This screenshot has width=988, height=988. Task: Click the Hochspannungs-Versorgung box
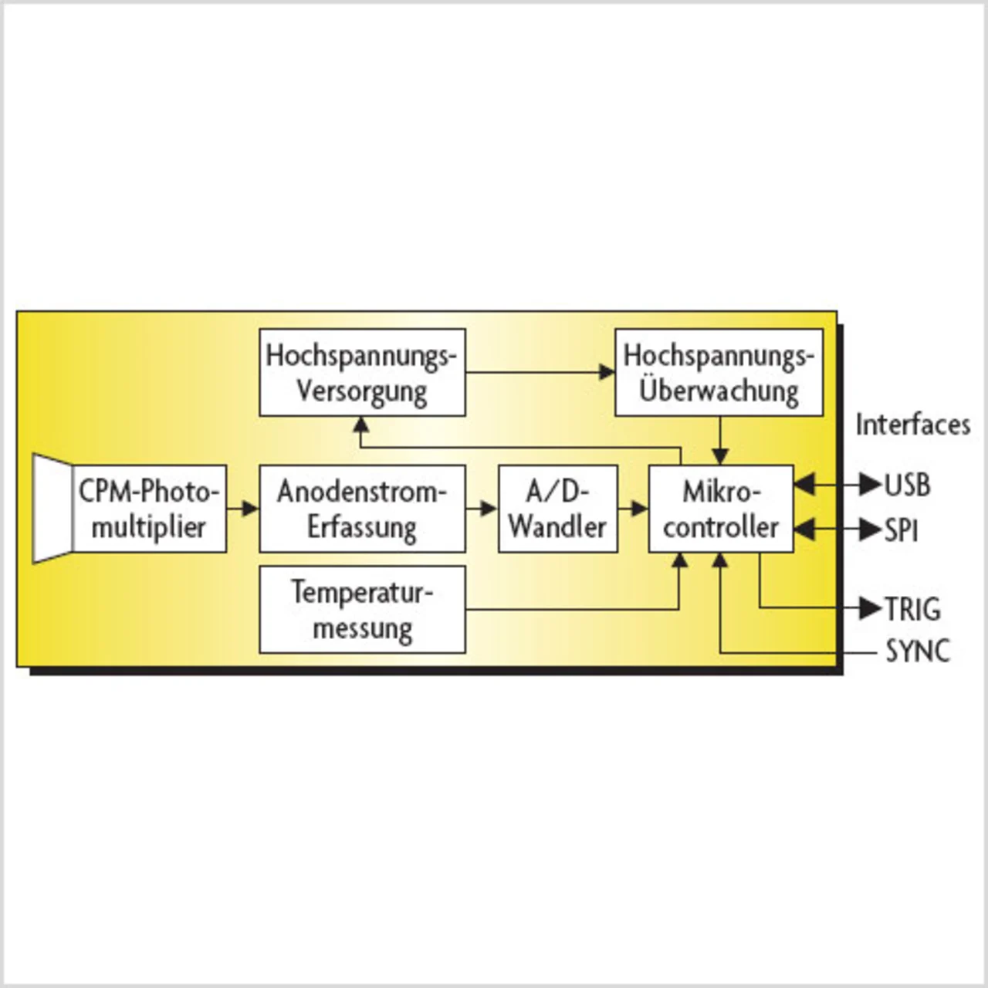(x=362, y=373)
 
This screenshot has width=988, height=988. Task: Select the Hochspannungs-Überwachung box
(x=719, y=373)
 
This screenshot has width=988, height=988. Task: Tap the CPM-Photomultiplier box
(x=149, y=509)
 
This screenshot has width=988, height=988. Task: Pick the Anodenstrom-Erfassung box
(x=362, y=509)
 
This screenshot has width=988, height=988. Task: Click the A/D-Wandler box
(x=557, y=509)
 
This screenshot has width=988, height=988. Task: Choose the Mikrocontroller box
(x=720, y=509)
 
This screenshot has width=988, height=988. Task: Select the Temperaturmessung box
(x=362, y=610)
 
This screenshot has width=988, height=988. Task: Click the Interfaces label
(x=912, y=425)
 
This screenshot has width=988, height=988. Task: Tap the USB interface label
(x=907, y=486)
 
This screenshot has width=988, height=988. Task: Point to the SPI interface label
(x=901, y=530)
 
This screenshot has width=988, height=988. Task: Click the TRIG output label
(x=912, y=609)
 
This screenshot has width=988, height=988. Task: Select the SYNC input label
(x=917, y=651)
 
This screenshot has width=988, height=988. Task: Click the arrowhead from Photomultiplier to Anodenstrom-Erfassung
(x=250, y=509)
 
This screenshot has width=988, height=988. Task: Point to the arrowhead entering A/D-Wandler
(x=489, y=509)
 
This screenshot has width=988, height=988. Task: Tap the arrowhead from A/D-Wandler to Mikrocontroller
(x=639, y=509)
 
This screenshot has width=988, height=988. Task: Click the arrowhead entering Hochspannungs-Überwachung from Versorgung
(x=607, y=373)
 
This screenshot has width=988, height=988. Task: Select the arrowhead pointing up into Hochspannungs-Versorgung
(x=361, y=425)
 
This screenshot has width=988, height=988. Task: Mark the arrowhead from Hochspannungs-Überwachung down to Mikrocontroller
(x=720, y=457)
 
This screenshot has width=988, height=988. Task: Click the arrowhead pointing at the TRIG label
(x=871, y=608)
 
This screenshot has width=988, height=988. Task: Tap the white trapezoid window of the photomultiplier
(x=52, y=509)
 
